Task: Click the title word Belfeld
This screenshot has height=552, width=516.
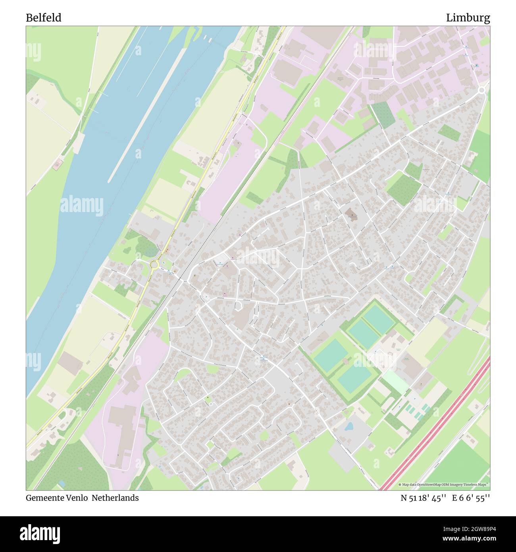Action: pyautogui.click(x=44, y=18)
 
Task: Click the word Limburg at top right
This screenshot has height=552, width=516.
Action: pyautogui.click(x=468, y=18)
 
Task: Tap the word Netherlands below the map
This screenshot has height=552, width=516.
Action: pyautogui.click(x=116, y=498)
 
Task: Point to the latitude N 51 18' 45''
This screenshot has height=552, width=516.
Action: pyautogui.click(x=424, y=498)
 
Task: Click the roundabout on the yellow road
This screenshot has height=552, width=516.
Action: pyautogui.click(x=154, y=264)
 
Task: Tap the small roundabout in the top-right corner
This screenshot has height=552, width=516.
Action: pyautogui.click(x=482, y=91)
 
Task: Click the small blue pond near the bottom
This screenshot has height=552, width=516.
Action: pyautogui.click(x=349, y=427)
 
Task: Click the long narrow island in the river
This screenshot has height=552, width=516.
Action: pyautogui.click(x=147, y=115)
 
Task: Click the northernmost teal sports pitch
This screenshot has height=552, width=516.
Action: pyautogui.click(x=378, y=319)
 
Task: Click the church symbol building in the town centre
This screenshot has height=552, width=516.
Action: pyautogui.click(x=351, y=215)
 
